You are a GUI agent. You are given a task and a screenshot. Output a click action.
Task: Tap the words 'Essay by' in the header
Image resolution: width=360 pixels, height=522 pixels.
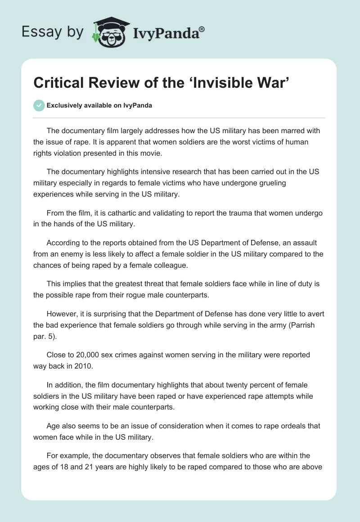pyautogui.click(x=53, y=32)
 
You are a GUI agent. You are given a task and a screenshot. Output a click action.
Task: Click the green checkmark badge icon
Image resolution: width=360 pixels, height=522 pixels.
pyautogui.click(x=39, y=105)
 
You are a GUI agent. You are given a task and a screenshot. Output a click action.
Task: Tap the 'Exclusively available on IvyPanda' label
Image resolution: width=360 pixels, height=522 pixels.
pyautogui.click(x=99, y=106)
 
